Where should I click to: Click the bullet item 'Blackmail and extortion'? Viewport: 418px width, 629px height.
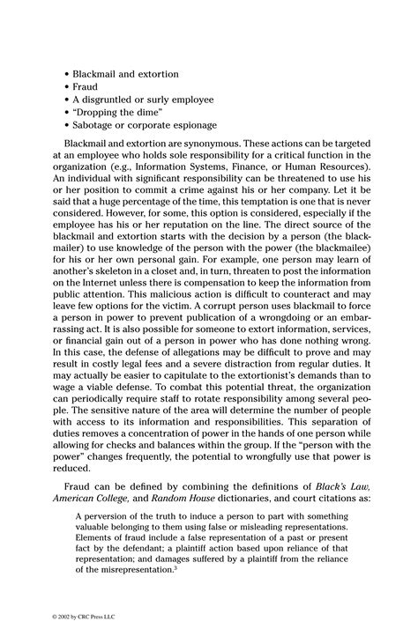(x=126, y=74)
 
